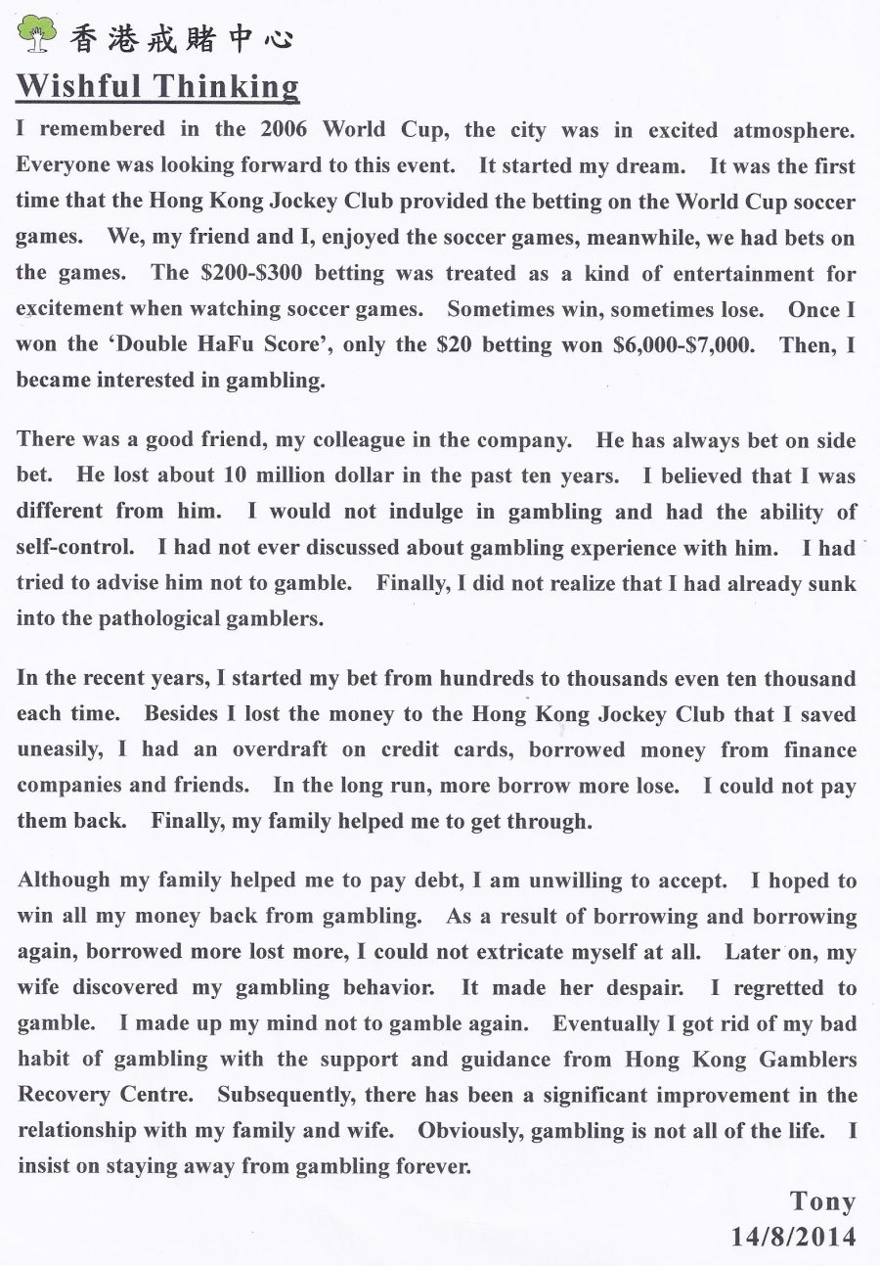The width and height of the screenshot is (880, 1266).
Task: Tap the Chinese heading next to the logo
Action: pos(180,38)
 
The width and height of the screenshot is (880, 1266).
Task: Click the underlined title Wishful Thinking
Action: pos(157,86)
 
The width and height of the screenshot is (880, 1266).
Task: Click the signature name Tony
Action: pos(822,1201)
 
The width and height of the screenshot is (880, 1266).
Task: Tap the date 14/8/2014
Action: pos(793,1237)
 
